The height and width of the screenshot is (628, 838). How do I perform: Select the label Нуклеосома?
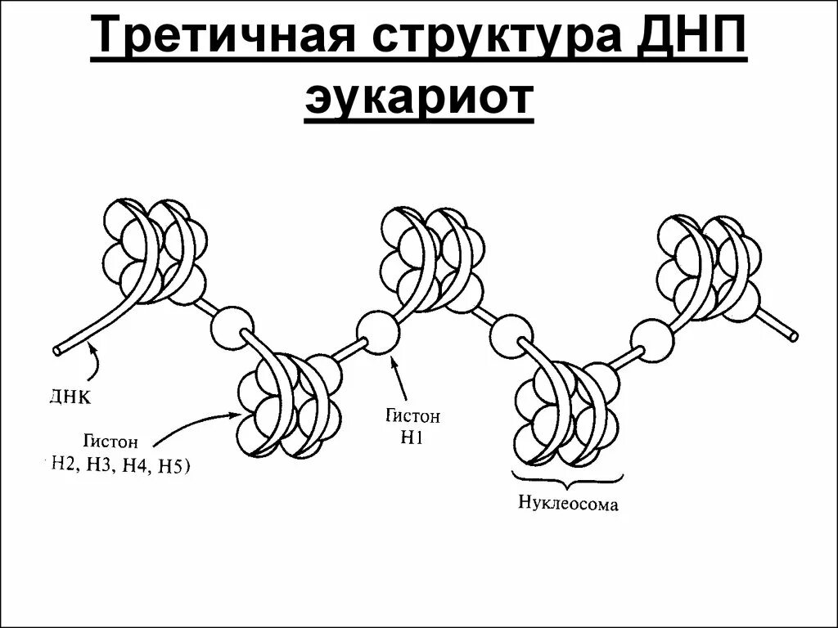tap(568, 501)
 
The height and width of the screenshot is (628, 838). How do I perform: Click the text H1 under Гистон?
tap(410, 438)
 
